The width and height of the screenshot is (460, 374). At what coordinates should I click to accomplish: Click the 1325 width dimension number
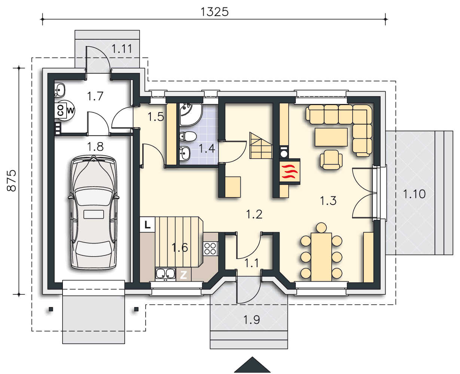coord(214,12)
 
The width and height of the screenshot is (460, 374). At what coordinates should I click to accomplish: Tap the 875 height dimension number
coord(12,181)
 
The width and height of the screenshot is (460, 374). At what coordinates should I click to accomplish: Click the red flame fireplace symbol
coord(289,172)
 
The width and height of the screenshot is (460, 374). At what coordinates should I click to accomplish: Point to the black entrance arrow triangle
coord(252,365)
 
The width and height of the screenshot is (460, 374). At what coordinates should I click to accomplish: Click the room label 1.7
coord(95,96)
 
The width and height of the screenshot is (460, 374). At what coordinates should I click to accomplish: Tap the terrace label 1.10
coord(414,194)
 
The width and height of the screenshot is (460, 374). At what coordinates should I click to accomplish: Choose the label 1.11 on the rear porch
coord(122,49)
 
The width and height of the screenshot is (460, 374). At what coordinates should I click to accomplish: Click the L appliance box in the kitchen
coord(147,225)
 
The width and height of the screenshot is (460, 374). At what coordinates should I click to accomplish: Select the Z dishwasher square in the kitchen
coord(183,275)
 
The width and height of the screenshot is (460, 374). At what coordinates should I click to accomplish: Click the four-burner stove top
coord(210,249)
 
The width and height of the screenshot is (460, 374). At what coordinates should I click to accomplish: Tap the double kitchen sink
coord(165,274)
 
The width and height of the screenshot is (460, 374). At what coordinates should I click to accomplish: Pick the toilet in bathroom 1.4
coord(188,137)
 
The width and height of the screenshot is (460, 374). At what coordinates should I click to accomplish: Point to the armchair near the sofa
coord(331,160)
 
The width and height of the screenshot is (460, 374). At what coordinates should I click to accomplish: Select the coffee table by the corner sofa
coord(331,137)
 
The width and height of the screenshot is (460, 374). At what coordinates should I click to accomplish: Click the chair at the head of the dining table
coord(322,228)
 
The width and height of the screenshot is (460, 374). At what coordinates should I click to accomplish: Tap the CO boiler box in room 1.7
coord(60,110)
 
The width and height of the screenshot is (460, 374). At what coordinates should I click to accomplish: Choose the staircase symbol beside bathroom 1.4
coord(261,145)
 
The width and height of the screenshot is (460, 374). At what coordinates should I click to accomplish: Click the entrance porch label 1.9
coord(252,320)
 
